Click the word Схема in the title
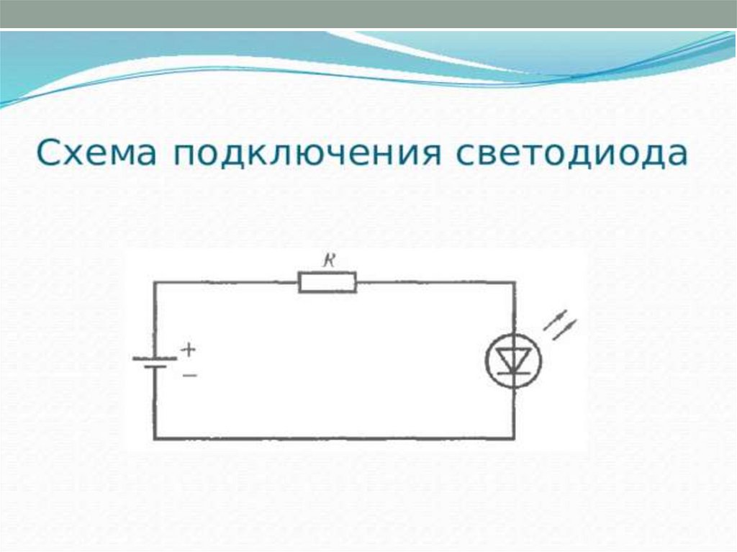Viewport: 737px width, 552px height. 95,154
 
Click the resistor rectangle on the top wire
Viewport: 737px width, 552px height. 327,282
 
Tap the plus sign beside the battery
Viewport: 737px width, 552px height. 188,350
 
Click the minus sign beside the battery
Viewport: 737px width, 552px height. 189,375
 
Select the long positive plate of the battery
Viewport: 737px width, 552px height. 154,358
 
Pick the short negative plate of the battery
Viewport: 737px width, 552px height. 154,367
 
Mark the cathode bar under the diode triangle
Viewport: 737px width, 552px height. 513,373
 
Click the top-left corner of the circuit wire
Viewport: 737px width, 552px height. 155,282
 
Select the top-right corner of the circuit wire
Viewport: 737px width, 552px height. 513,282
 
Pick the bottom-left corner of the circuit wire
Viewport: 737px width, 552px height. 155,438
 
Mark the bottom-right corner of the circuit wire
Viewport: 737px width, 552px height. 513,438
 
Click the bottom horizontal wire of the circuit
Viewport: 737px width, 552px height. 331,438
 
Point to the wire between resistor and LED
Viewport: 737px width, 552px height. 432,282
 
